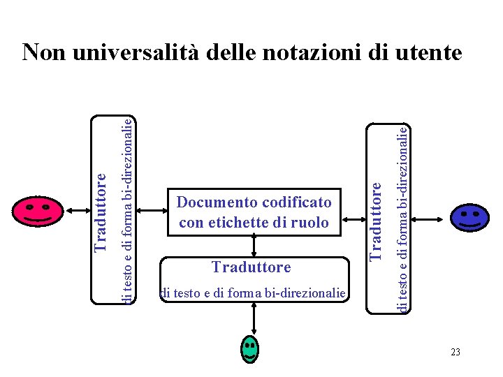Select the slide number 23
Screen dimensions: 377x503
(x=455, y=353)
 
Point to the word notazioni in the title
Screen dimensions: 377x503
(x=313, y=52)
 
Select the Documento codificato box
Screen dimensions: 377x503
(x=254, y=212)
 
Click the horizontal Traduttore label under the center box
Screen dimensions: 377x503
(x=251, y=267)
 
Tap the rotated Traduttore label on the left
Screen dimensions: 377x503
(x=101, y=212)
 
